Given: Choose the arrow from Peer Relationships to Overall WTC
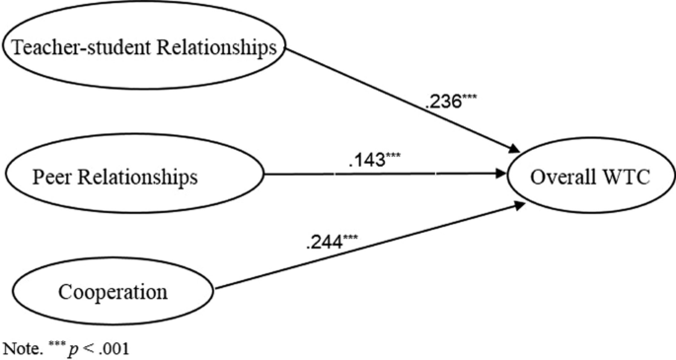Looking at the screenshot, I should pyautogui.click(x=395, y=178).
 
